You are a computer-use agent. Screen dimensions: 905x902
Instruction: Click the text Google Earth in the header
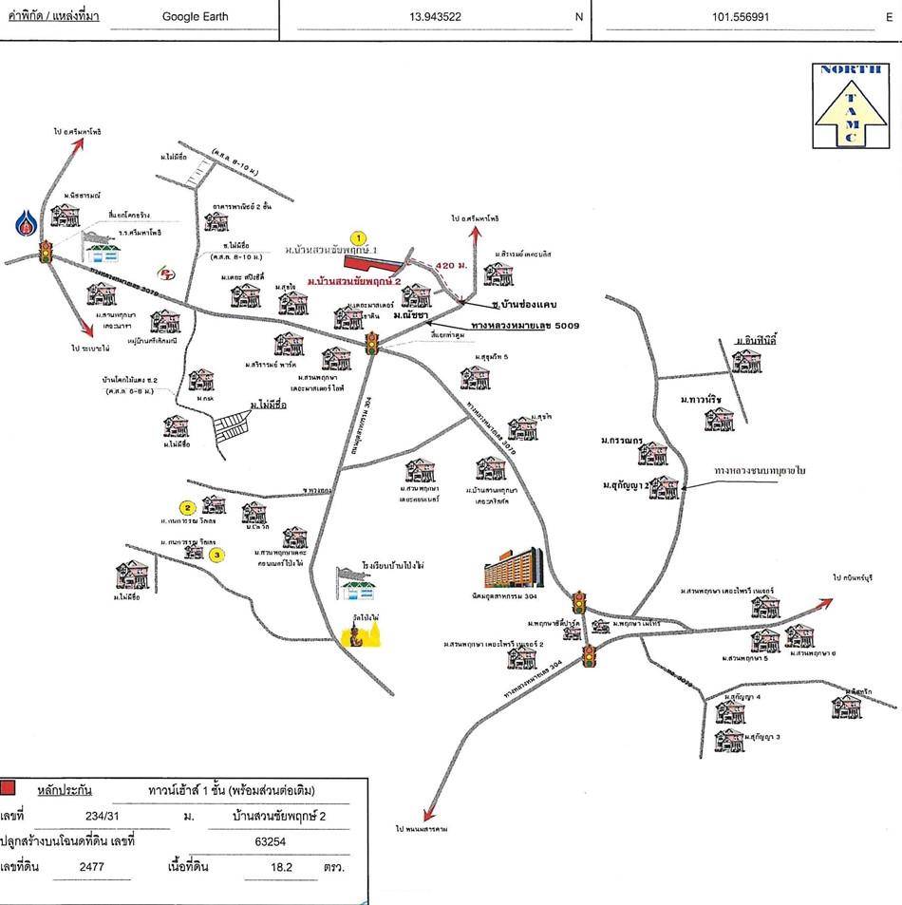point(195,16)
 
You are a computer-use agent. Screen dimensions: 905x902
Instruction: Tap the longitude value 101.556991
point(745,16)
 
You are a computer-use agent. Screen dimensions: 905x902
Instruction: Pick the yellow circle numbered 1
point(357,237)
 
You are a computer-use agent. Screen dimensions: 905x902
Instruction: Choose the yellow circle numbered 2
point(188,507)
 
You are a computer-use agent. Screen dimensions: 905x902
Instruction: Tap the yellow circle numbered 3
point(216,554)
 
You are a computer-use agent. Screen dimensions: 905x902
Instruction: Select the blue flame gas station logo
point(25,223)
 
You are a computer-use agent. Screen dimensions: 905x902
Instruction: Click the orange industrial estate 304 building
point(513,567)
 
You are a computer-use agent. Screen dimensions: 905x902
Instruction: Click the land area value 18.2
point(282,867)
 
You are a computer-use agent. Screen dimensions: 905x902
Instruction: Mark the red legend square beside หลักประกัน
point(9,787)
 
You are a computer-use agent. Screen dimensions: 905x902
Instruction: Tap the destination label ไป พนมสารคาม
point(422,828)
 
